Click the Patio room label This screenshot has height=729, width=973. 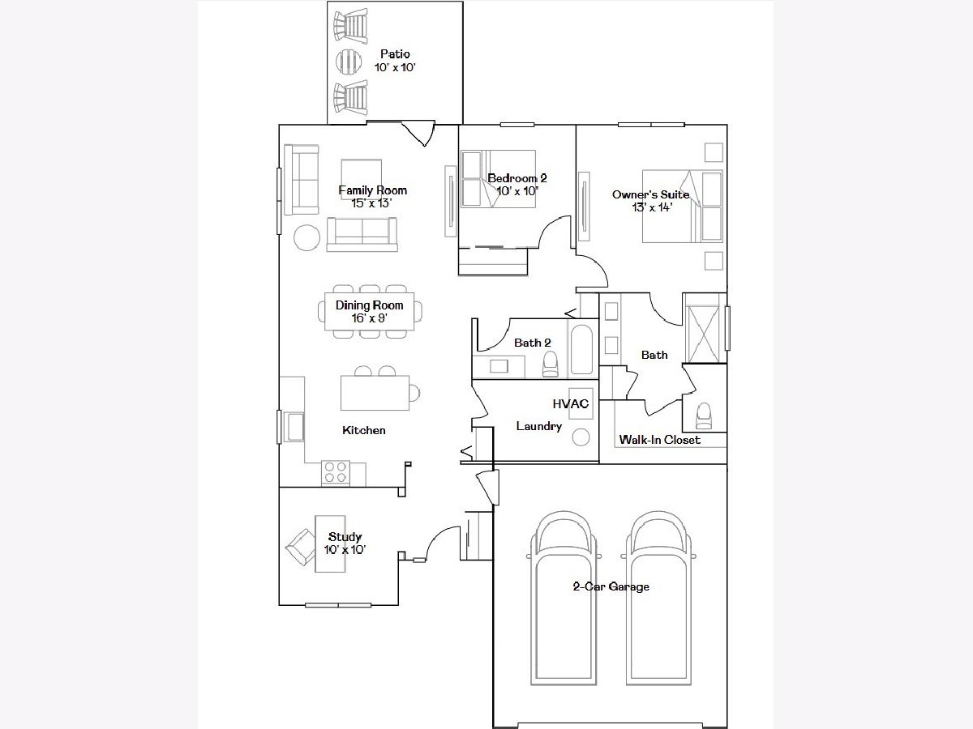click(x=395, y=54)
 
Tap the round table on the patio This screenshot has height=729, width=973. click(x=349, y=62)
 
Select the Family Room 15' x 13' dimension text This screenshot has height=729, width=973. click(x=372, y=203)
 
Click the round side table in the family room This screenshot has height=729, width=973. click(x=306, y=237)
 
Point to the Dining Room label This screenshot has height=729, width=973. click(x=369, y=305)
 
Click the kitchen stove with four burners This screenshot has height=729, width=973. click(x=336, y=472)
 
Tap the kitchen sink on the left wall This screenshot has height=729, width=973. click(x=294, y=427)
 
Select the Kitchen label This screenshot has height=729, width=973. click(x=364, y=430)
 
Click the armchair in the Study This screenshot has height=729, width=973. click(x=300, y=547)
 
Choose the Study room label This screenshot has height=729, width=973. click(x=345, y=537)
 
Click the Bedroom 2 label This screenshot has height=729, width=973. click(x=517, y=178)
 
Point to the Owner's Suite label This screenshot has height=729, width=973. click(x=651, y=194)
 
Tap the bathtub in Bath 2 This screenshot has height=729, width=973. click(x=581, y=350)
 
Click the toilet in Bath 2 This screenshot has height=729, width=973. click(x=551, y=364)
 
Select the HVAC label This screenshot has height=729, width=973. click(x=571, y=403)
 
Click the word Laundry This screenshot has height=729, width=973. click(x=539, y=426)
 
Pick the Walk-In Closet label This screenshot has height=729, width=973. click(x=659, y=440)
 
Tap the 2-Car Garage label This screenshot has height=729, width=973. click(x=611, y=586)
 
